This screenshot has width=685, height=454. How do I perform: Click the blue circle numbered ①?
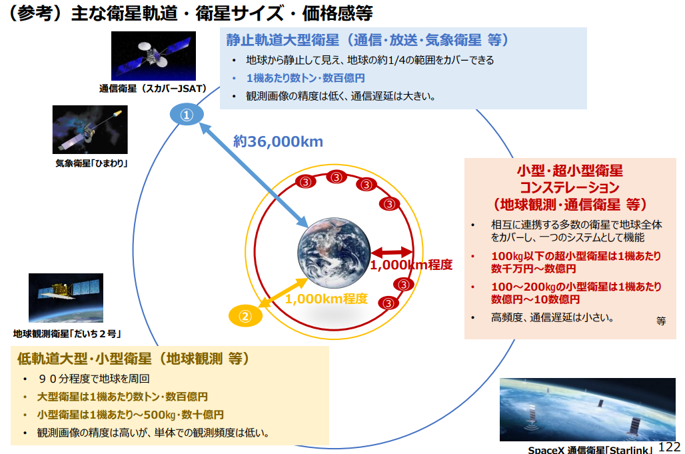[187, 115]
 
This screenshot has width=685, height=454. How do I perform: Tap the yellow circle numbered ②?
[245, 316]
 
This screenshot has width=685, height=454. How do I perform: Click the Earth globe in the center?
[335, 253]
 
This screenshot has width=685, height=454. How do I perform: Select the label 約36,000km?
[279, 141]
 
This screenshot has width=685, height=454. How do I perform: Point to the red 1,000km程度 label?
[411, 265]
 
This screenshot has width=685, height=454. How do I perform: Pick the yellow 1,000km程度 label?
[327, 299]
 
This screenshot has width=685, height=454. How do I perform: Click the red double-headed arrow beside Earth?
[392, 252]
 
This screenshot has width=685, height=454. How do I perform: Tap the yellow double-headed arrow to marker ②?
[283, 293]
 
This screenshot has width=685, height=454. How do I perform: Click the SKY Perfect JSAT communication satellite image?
[153, 56]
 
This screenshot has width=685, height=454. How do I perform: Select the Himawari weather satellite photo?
[90, 129]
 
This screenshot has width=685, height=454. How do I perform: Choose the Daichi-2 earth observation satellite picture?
[66, 298]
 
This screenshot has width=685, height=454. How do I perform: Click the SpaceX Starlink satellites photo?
[588, 409]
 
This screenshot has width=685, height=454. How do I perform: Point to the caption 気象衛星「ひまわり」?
[91, 163]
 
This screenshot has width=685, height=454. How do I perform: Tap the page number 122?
[669, 447]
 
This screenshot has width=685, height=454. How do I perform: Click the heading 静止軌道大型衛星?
[283, 40]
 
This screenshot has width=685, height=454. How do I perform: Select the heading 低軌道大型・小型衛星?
[85, 359]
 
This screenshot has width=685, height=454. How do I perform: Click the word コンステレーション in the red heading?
[570, 187]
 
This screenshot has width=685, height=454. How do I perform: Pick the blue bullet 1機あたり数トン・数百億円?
[305, 78]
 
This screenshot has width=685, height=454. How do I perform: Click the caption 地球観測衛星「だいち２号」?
[67, 334]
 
